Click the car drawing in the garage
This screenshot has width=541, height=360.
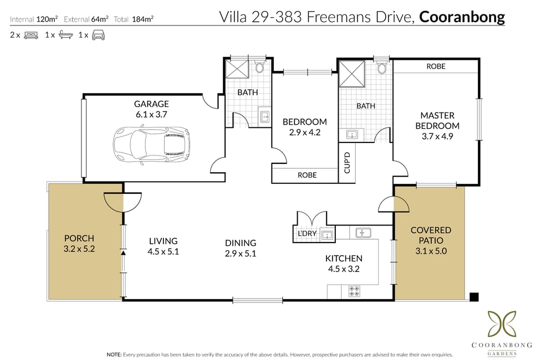click(x=152, y=144)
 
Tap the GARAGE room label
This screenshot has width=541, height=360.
click(x=151, y=104)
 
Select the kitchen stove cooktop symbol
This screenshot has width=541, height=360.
click(x=354, y=291)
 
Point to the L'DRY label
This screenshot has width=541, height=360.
click(x=307, y=234)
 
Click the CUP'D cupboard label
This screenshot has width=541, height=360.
click(x=347, y=163)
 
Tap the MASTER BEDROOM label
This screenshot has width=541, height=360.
click(x=437, y=120)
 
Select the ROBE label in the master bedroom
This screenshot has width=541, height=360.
click(x=436, y=66)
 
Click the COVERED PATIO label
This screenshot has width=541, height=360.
click(x=431, y=235)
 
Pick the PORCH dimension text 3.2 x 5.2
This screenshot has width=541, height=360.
click(x=79, y=249)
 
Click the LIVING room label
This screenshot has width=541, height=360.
click(x=163, y=241)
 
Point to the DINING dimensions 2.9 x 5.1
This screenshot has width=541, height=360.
click(x=241, y=254)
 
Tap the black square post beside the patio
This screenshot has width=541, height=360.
click(x=474, y=297)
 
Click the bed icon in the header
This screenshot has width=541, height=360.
click(x=31, y=35)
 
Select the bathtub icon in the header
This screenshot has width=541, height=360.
click(x=65, y=35)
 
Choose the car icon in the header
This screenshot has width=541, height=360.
click(x=98, y=35)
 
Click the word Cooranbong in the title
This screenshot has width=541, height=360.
click(x=462, y=17)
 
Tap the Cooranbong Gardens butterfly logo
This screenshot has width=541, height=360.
click(x=502, y=324)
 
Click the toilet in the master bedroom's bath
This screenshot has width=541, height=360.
click(x=381, y=68)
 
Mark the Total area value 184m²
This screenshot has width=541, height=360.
click(x=142, y=19)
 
